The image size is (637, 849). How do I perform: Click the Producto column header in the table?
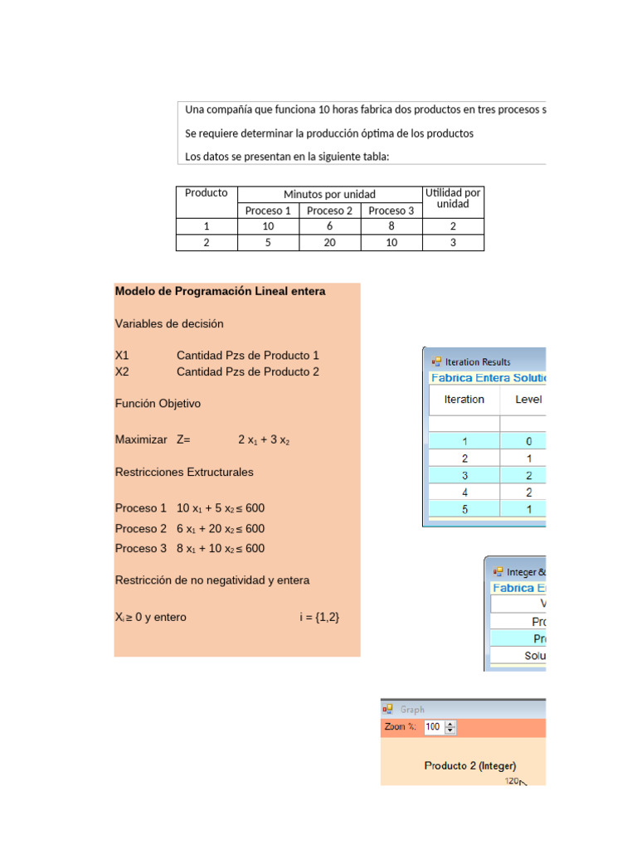click(206, 193)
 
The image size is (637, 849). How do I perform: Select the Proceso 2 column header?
click(329, 211)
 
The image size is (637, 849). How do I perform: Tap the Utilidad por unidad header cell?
click(453, 198)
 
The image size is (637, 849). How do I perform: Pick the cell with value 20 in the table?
click(329, 243)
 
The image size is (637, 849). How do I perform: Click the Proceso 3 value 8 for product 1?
click(391, 226)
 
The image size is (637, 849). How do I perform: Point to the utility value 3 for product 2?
click(453, 243)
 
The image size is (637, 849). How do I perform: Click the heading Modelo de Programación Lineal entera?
click(220, 292)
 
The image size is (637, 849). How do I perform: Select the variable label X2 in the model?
click(122, 372)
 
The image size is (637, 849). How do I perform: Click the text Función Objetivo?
click(158, 404)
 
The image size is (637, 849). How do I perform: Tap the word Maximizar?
click(141, 439)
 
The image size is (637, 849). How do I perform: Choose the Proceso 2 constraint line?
click(190, 529)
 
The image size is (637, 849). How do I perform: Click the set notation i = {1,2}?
click(319, 618)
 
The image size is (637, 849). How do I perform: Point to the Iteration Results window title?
click(478, 361)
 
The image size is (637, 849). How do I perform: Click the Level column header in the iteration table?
click(528, 400)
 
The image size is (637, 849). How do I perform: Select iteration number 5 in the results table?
click(464, 509)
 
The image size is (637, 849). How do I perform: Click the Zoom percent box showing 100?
click(433, 727)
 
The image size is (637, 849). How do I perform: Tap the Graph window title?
click(412, 710)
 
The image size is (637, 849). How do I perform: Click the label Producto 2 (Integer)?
click(470, 766)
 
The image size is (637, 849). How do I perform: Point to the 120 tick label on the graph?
click(513, 781)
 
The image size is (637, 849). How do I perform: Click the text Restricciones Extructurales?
click(184, 473)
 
